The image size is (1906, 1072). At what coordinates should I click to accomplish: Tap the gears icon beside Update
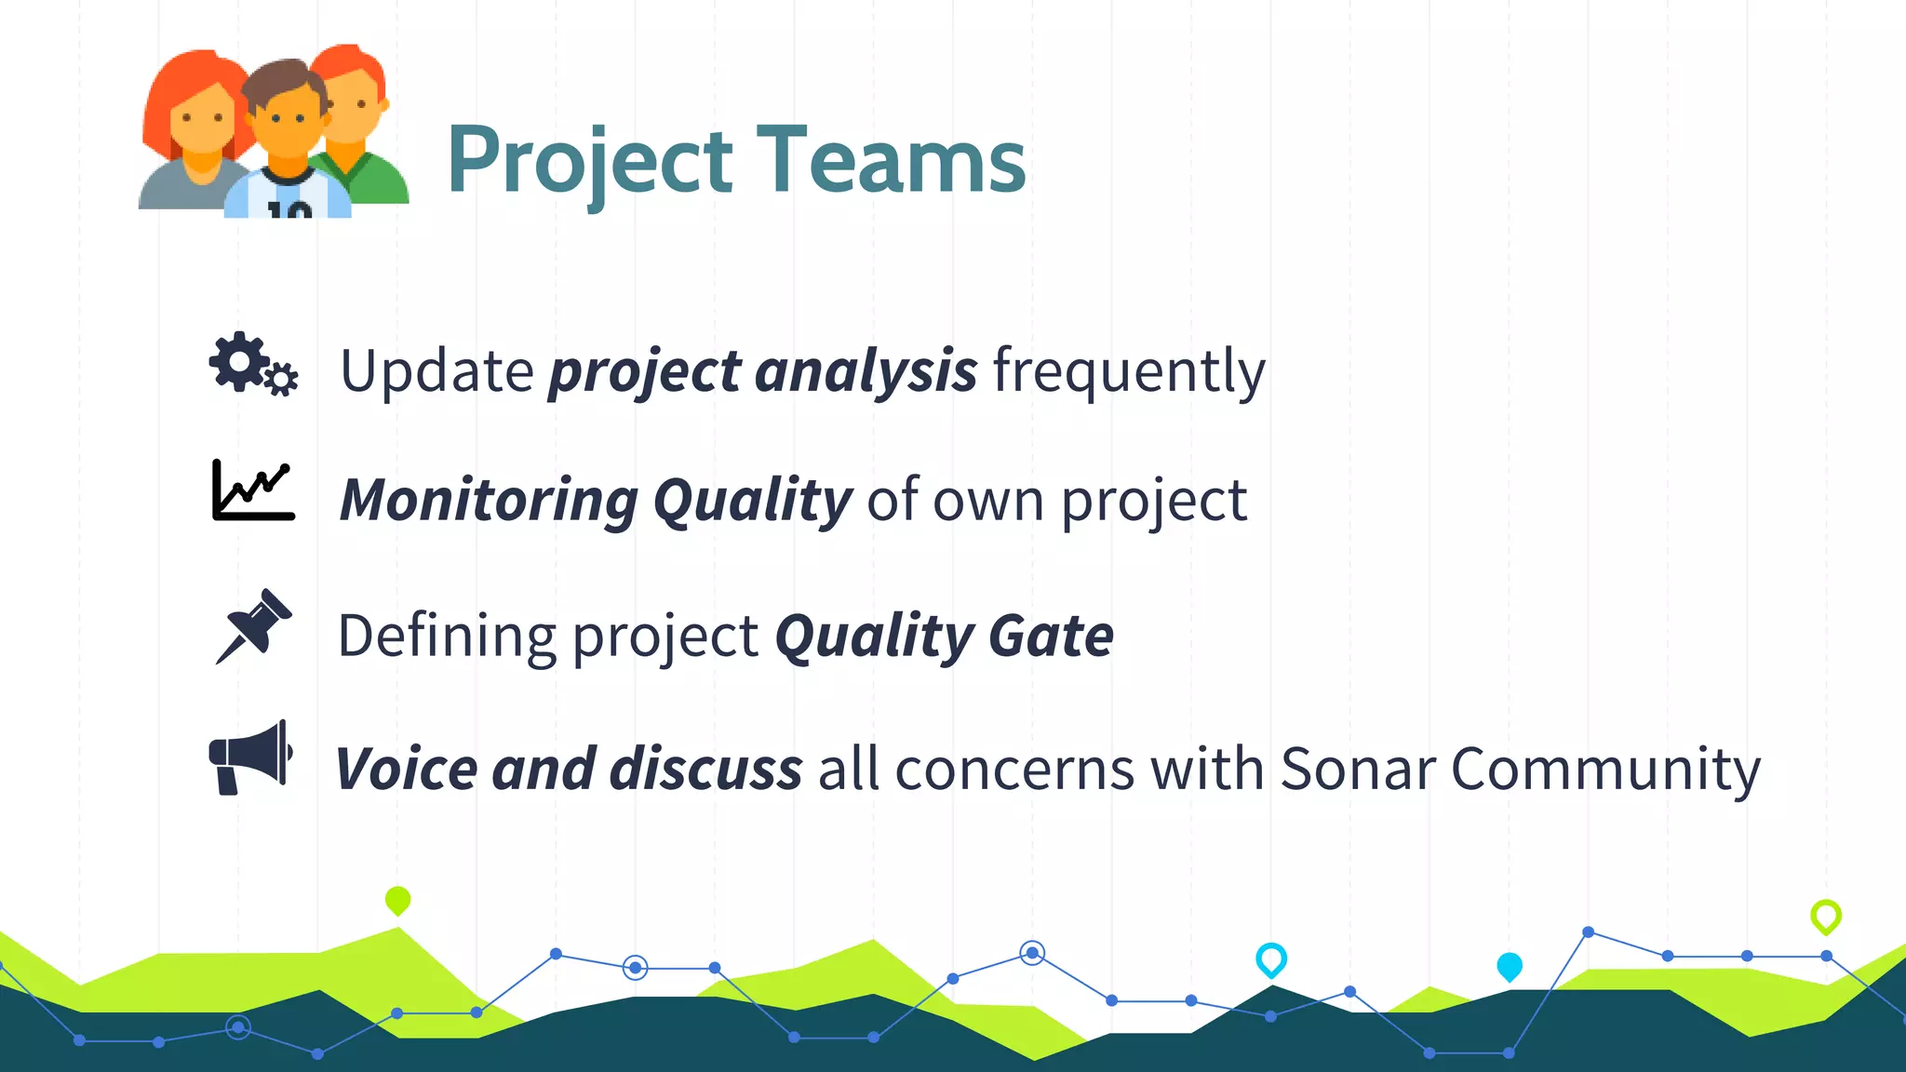[x=252, y=365]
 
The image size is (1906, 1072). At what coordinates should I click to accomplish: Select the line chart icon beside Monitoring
[x=253, y=490]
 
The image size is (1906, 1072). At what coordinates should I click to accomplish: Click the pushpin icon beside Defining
[x=253, y=625]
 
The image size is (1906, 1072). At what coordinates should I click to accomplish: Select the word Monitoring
[x=489, y=501]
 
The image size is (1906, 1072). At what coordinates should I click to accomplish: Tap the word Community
[x=1604, y=770]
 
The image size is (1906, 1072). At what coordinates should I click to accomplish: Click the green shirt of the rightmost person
[x=372, y=181]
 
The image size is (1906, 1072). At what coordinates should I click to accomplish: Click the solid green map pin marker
[x=397, y=900]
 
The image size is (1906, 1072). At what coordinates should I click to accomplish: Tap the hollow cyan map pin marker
[x=1270, y=958]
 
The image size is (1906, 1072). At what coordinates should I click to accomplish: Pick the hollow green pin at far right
[x=1825, y=916]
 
